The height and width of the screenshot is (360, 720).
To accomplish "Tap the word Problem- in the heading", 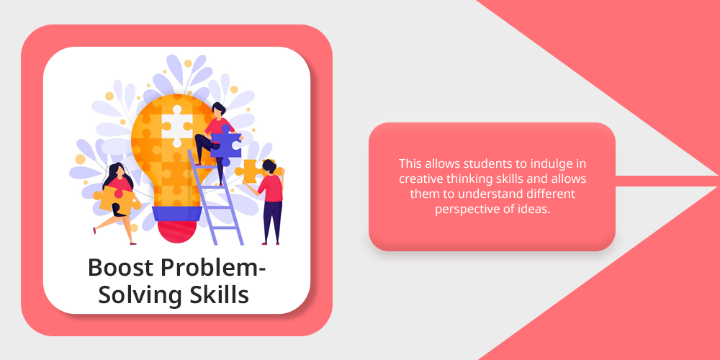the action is (214, 267).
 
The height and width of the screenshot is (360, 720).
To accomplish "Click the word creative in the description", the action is (419, 179).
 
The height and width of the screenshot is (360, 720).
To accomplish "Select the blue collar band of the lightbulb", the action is (177, 213).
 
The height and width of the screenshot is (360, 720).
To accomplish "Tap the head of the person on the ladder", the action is (219, 110).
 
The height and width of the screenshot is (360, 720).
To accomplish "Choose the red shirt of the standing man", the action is (271, 188).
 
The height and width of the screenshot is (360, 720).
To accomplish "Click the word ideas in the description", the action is (537, 210).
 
